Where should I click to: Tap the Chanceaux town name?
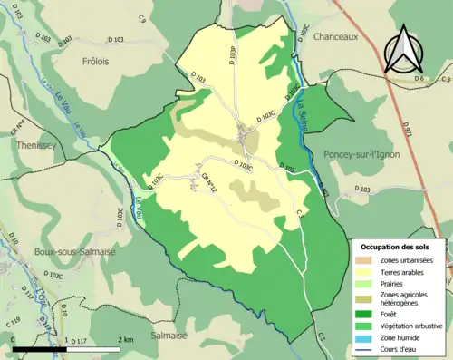tap(337, 38)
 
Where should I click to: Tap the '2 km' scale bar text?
tap(124, 339)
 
